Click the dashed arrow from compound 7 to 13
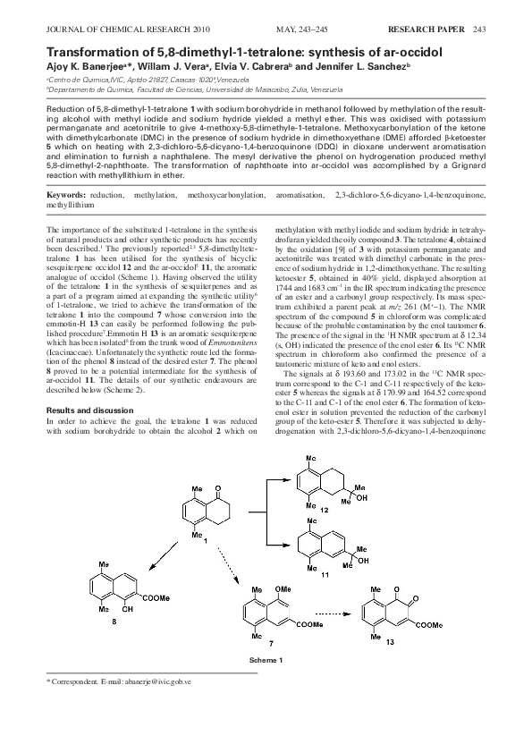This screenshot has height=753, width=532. [x=339, y=614]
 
